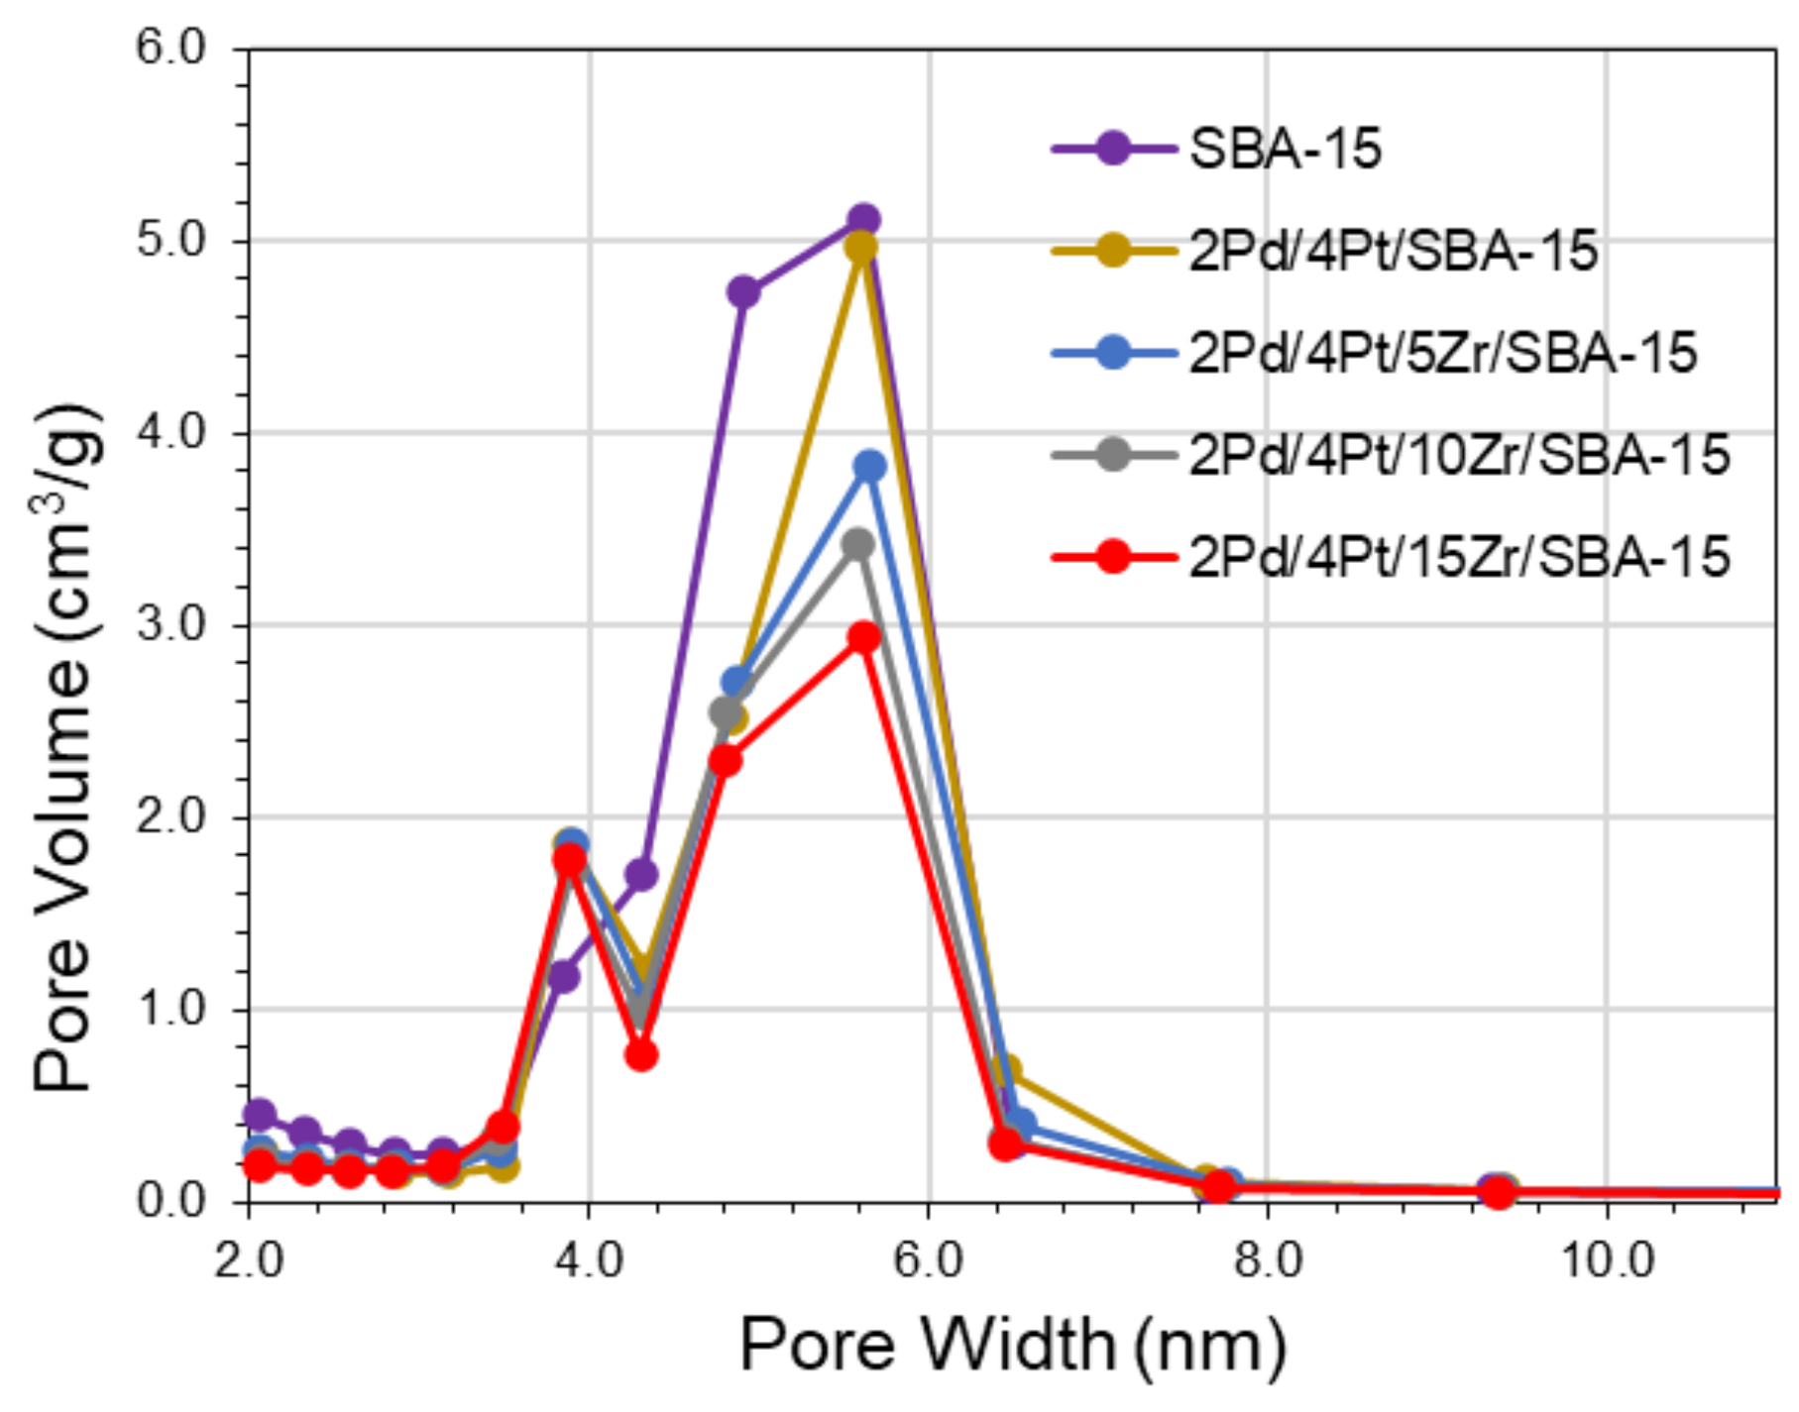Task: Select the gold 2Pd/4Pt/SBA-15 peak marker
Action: (x=861, y=247)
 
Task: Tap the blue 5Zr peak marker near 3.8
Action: (x=869, y=465)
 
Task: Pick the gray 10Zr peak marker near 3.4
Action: (x=858, y=544)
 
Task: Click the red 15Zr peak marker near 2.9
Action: (x=864, y=637)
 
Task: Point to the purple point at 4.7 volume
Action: (x=743, y=292)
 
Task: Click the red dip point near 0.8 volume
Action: (x=641, y=1055)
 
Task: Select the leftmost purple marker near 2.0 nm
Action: (x=259, y=1115)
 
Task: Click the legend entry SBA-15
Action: (x=1285, y=150)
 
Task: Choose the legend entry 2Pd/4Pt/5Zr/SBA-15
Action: (x=1442, y=353)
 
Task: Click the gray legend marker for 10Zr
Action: (x=1113, y=455)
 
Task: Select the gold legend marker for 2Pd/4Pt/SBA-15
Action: (x=1113, y=251)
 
